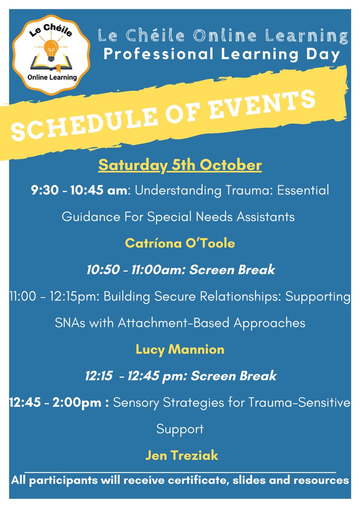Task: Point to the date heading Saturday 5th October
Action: click(x=180, y=165)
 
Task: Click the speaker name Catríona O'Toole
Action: click(x=180, y=243)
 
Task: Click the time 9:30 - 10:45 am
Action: click(x=79, y=190)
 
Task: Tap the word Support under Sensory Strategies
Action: click(x=180, y=429)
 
